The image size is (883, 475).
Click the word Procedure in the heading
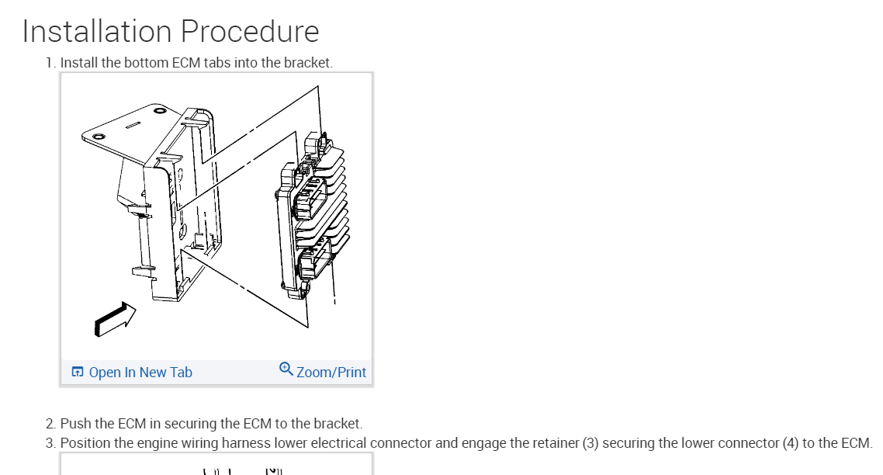tap(250, 31)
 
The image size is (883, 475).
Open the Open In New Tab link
tap(140, 373)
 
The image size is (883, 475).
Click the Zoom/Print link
tap(331, 373)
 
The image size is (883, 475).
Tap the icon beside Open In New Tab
tap(78, 373)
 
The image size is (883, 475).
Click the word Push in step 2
tap(75, 424)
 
